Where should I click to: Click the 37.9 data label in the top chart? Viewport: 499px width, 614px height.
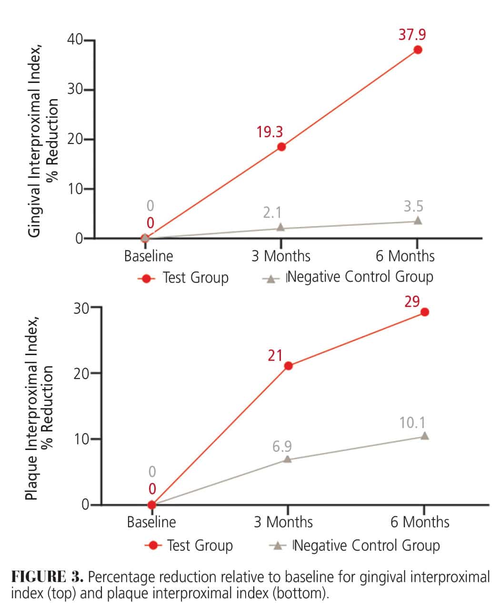(x=412, y=35)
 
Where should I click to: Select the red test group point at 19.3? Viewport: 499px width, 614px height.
(x=281, y=146)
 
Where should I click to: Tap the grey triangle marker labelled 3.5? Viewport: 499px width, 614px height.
(x=418, y=220)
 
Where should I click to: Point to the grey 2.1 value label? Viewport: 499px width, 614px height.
(x=272, y=212)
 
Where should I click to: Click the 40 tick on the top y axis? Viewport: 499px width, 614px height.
(x=75, y=40)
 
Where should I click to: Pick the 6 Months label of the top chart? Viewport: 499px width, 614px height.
(x=405, y=256)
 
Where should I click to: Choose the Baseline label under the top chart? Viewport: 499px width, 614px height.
(x=149, y=256)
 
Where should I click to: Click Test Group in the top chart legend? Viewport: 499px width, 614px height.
(x=195, y=277)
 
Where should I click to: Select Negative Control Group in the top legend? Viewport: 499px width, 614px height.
(x=360, y=277)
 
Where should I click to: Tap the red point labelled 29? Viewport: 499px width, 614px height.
(x=425, y=312)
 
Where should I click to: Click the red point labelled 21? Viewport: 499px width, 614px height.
(x=288, y=366)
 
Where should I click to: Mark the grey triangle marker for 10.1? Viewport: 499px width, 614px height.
(x=424, y=436)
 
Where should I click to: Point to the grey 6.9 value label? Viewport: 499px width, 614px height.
(x=282, y=447)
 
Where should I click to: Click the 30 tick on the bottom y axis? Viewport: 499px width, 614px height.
(x=81, y=308)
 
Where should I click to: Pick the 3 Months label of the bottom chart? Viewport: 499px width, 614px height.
(x=283, y=522)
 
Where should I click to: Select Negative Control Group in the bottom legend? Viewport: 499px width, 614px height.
(x=367, y=545)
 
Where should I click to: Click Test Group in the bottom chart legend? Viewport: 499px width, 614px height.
(x=200, y=545)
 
